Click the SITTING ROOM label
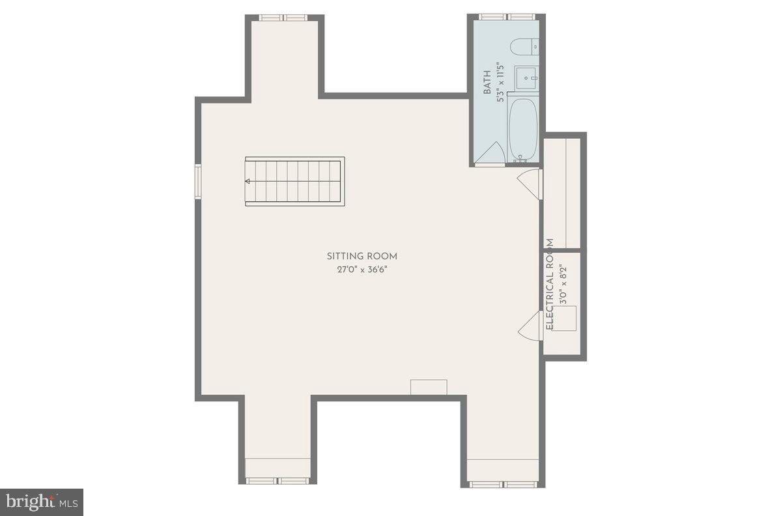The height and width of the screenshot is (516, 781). point(362,256)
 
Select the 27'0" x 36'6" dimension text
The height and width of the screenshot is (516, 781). point(362,269)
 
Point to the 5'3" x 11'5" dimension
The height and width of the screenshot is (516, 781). point(500,83)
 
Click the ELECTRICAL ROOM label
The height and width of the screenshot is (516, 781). point(550,284)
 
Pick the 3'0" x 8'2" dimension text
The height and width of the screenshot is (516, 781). point(564,285)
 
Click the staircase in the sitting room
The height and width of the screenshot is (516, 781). point(294,182)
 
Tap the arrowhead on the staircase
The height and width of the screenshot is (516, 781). point(248,182)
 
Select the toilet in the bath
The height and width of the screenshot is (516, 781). point(524,46)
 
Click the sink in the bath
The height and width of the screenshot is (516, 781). point(526,78)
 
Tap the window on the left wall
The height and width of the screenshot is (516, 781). point(198,180)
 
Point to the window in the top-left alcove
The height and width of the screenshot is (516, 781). point(283,18)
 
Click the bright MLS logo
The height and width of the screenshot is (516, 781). point(41,502)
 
